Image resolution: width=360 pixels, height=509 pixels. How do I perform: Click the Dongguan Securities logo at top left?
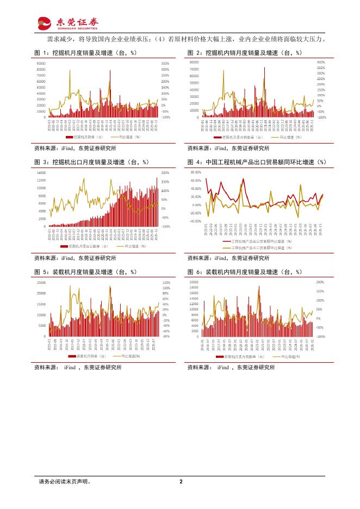click(x=68, y=22)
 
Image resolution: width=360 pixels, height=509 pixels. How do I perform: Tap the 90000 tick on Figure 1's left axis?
click(x=41, y=64)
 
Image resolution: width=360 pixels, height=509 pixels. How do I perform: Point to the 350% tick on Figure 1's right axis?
click(x=165, y=64)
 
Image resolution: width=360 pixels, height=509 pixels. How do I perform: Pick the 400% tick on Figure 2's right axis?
click(x=321, y=63)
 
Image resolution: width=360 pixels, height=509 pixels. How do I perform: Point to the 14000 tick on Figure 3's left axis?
click(x=41, y=172)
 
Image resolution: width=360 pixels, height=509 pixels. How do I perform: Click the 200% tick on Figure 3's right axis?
click(x=165, y=172)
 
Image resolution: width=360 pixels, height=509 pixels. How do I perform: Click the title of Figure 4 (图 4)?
click(x=257, y=162)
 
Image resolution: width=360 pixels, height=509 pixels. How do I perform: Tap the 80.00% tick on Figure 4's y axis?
click(x=196, y=172)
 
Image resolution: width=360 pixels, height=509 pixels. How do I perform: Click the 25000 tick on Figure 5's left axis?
click(x=41, y=283)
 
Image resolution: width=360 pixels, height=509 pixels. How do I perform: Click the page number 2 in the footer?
click(x=181, y=481)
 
